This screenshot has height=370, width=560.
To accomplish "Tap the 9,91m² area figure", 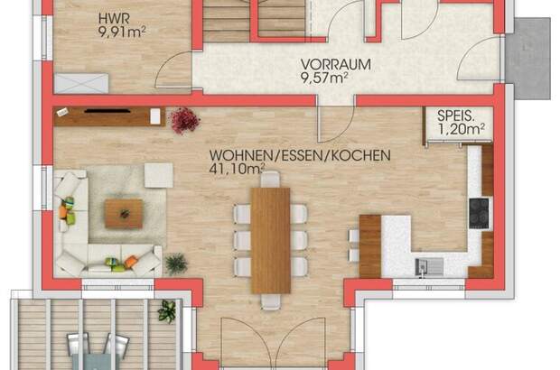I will (x=122, y=33).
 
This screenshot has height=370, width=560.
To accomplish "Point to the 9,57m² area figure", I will (x=324, y=79).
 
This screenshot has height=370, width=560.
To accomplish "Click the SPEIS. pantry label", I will (x=459, y=116).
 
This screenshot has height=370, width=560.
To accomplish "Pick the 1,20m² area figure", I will (x=461, y=131).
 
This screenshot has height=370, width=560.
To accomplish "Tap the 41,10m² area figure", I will (x=237, y=169).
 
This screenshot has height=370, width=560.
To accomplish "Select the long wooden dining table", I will (x=270, y=240).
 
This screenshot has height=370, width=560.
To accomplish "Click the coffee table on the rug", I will (x=122, y=212).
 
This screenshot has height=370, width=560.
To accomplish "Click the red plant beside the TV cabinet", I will (x=184, y=117).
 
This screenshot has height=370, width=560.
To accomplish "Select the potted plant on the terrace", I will (x=165, y=311).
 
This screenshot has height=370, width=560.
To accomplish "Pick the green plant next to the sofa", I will (x=174, y=264).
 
